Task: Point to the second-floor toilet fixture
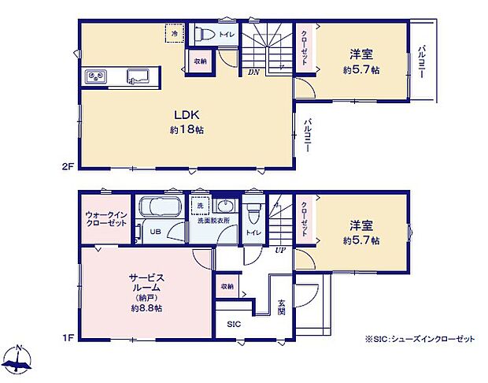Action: coord(202,35)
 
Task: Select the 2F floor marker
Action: coord(67,166)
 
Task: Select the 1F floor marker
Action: coord(67,338)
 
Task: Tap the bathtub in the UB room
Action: coord(161,209)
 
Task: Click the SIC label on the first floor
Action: coord(235,324)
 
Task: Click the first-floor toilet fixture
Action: coord(253,214)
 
